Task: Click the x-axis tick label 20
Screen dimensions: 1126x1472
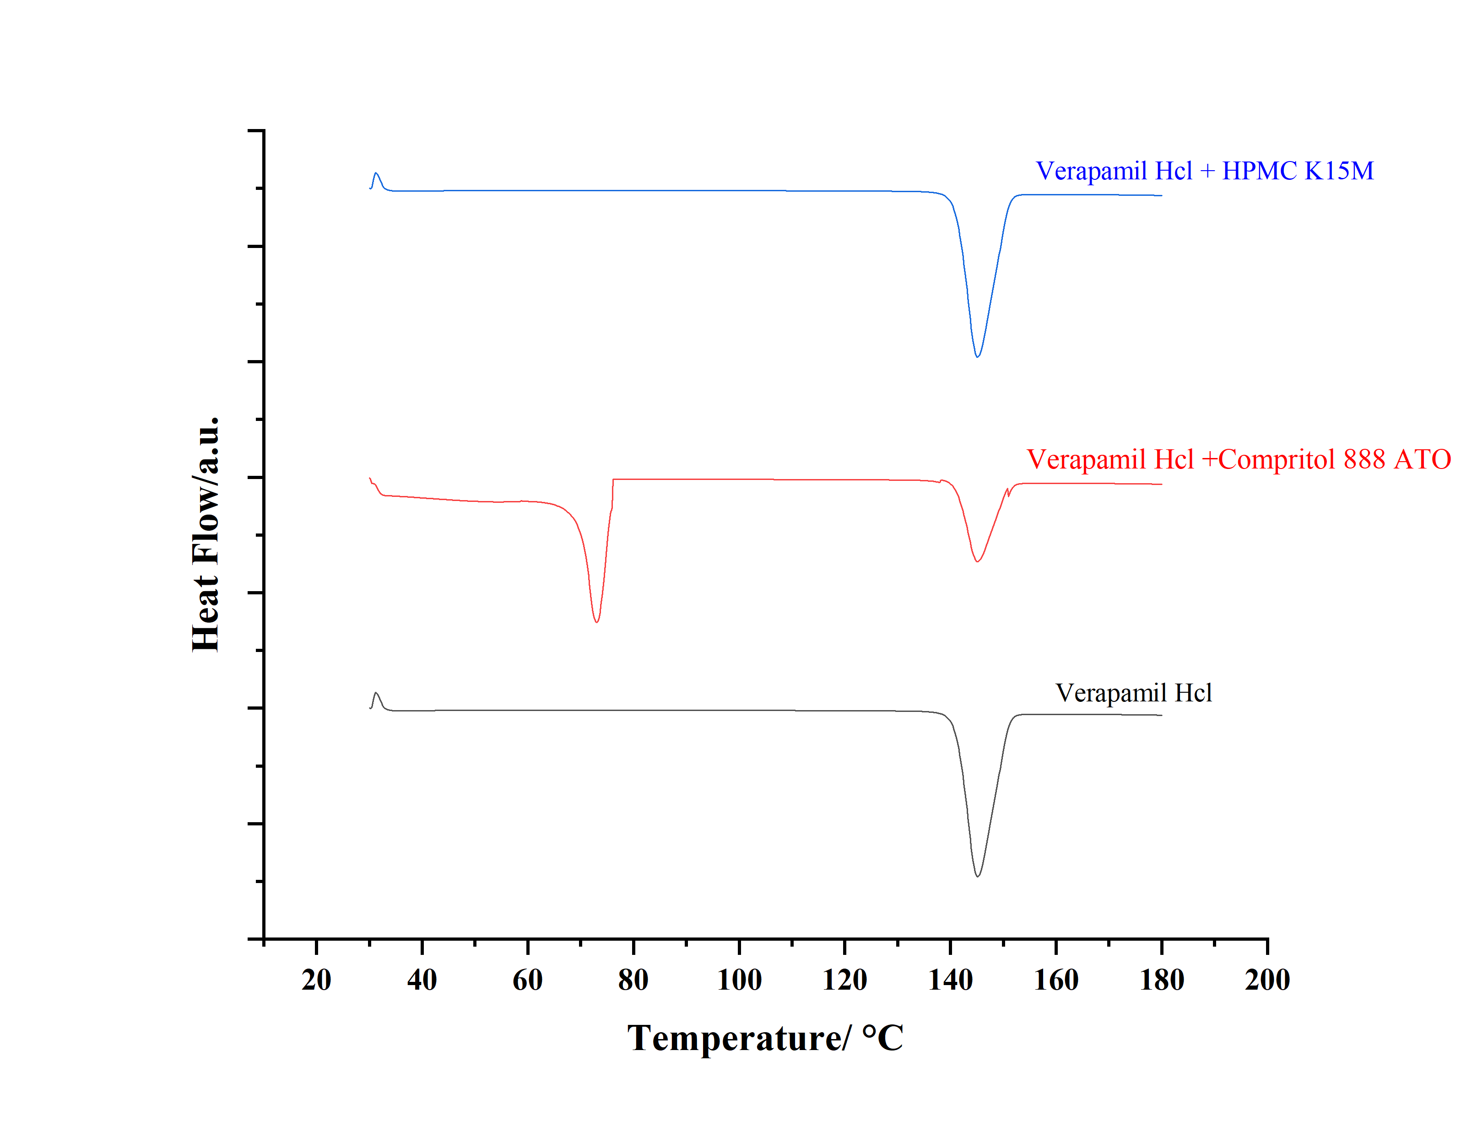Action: (x=316, y=981)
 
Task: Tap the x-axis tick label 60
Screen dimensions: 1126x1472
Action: (x=528, y=981)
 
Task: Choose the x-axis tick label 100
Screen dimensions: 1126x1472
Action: (x=739, y=981)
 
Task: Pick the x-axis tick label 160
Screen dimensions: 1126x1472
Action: (x=1056, y=981)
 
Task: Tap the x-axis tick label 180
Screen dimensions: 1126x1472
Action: (x=1162, y=981)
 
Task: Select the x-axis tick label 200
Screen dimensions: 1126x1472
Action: (x=1267, y=981)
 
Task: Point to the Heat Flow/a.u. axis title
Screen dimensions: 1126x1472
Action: (x=205, y=533)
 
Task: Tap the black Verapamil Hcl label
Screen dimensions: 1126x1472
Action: (x=1133, y=693)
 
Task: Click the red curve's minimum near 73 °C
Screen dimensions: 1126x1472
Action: (x=596, y=622)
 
